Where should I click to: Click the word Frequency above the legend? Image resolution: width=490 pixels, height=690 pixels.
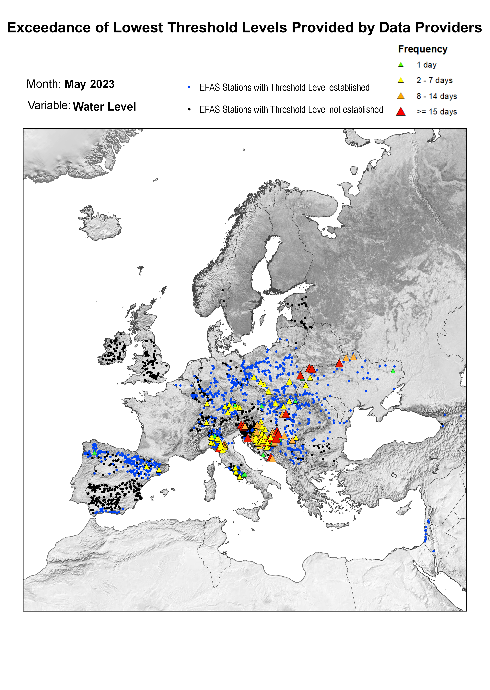pyautogui.click(x=422, y=49)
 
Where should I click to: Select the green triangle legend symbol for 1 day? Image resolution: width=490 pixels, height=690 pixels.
pyautogui.click(x=401, y=65)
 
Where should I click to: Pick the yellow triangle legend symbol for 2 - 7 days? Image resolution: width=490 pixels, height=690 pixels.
pyautogui.click(x=401, y=80)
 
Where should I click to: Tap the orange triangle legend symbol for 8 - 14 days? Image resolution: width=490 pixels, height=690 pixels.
pyautogui.click(x=401, y=96)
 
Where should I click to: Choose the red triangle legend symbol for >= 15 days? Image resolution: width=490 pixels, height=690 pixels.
pyautogui.click(x=401, y=112)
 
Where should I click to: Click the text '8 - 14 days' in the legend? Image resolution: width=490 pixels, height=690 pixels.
pyautogui.click(x=437, y=96)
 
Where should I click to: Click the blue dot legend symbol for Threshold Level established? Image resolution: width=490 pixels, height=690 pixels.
pyautogui.click(x=189, y=88)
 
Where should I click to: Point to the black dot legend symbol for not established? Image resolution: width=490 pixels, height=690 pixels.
pyautogui.click(x=189, y=109)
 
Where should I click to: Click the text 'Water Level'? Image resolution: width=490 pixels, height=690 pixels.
pyautogui.click(x=104, y=107)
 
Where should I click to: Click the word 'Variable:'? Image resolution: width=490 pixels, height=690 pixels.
pyautogui.click(x=49, y=106)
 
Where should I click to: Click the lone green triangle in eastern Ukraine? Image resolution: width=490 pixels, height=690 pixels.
pyautogui.click(x=393, y=371)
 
